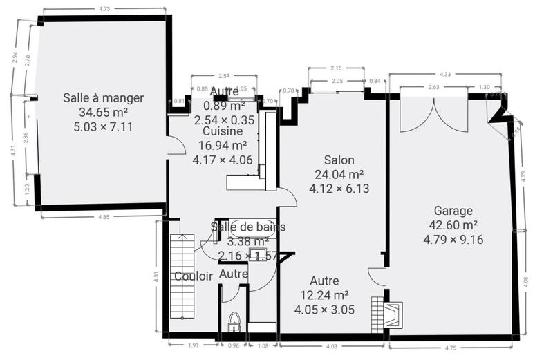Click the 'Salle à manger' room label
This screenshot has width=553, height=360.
[x=103, y=97]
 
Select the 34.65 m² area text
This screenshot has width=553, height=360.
[x=103, y=112]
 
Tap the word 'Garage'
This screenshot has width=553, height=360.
[x=453, y=211]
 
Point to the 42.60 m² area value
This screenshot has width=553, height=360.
[x=453, y=225]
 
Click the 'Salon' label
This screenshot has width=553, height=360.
[x=339, y=160]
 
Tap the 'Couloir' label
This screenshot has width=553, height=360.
[x=193, y=276]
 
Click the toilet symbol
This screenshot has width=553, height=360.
[x=234, y=321]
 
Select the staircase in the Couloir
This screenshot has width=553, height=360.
[x=179, y=276]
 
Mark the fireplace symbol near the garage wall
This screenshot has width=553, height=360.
[x=392, y=314]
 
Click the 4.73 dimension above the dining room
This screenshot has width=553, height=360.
[x=104, y=10]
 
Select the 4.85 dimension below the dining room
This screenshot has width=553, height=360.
[x=102, y=217]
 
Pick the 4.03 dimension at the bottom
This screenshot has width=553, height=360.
[x=332, y=346]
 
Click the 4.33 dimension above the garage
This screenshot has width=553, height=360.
[x=445, y=74]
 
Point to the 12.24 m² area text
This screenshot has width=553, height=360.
[x=324, y=295]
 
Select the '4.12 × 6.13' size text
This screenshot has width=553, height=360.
[x=339, y=188]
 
